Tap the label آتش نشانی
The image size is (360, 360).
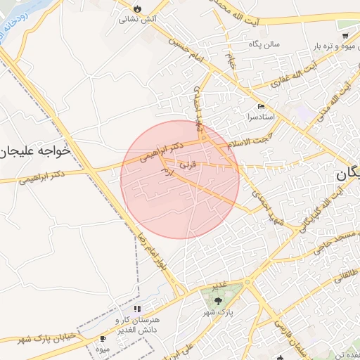pyautogui.click(x=138, y=20)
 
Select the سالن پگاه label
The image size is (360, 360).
pyautogui.click(x=264, y=44)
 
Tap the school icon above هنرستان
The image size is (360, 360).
pyautogui.click(x=137, y=309)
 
